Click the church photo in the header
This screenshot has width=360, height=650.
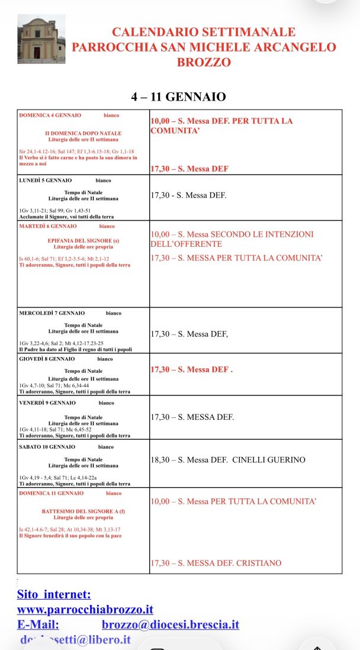pos(41,39)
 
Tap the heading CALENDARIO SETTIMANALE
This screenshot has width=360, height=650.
pos(204,32)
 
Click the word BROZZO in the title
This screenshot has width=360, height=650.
pos(204,62)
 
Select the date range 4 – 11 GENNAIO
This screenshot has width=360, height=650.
pos(178,96)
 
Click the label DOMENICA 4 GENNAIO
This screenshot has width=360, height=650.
pos(50,115)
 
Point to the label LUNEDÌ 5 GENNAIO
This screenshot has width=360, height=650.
pos(46,180)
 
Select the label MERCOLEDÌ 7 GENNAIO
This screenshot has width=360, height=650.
pos(52,313)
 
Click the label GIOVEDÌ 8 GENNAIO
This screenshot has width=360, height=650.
pos(47,359)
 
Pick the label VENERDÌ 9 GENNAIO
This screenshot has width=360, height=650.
pos(47,403)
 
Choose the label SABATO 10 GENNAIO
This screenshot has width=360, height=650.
pos(47,446)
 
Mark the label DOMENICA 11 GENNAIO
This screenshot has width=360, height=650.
pos(52,493)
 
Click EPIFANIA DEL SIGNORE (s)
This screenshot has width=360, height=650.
pos(83,241)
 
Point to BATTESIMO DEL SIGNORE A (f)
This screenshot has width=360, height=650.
pos(83,510)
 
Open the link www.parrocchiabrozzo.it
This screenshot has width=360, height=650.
pos(85,609)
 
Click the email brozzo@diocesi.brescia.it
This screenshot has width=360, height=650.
pos(171,625)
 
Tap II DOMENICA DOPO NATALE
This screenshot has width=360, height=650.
pos(83,133)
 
